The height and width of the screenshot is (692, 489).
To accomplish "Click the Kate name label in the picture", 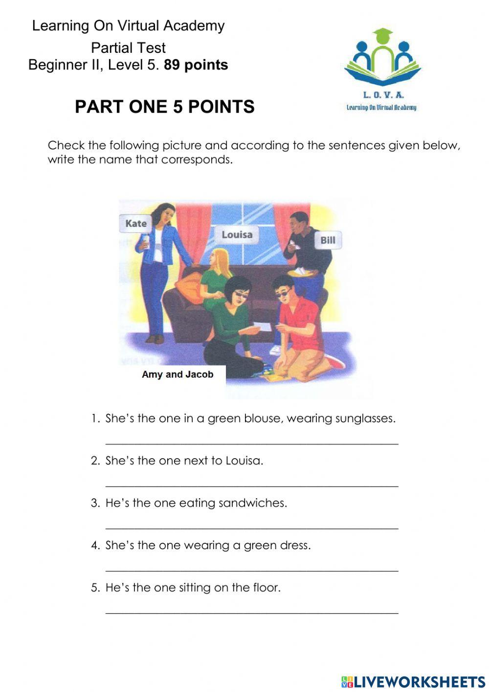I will pos(135,224).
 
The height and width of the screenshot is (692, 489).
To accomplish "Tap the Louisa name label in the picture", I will pos(237,235).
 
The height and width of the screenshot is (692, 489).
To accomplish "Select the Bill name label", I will pos(328,240).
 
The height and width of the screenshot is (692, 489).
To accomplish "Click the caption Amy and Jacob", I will pos(178,374).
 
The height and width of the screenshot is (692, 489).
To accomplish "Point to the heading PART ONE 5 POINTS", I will pos(164,107).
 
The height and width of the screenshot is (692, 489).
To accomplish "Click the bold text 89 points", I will pos(196,65).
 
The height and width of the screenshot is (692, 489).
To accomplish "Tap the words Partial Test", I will pos(128,47).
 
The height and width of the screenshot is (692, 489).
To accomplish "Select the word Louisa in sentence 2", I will pos(244,461).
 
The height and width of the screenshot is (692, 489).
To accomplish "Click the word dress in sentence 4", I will pos(295,545).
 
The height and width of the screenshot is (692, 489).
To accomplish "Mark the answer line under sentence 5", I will pos(252,612).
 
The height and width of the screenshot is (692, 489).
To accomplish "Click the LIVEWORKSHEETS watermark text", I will pos(419,682).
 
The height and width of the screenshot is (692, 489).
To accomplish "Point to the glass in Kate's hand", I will pos(145,242).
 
